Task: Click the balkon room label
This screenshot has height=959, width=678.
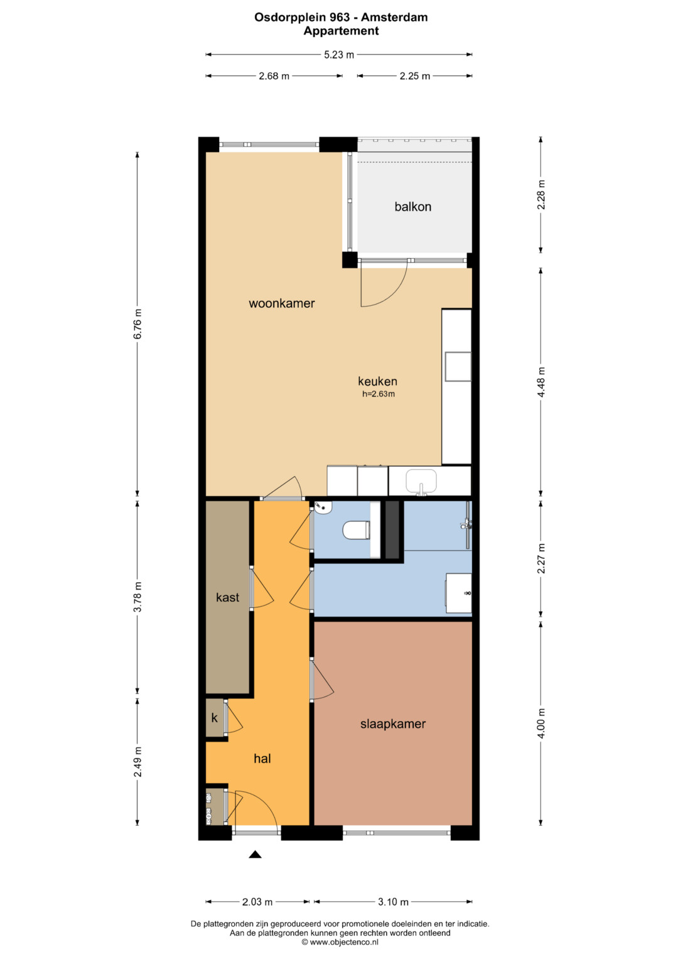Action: click(412, 207)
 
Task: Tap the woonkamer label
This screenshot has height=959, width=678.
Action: click(282, 303)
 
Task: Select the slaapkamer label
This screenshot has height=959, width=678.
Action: click(393, 724)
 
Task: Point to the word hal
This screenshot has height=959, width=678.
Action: click(262, 759)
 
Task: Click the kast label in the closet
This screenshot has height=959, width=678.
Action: click(227, 597)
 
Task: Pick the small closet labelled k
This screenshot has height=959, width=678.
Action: click(215, 718)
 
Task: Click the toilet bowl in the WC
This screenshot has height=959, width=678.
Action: click(356, 530)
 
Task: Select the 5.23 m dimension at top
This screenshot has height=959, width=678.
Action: click(339, 55)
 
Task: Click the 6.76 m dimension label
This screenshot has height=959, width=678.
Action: click(137, 323)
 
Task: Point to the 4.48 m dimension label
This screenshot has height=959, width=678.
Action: click(541, 382)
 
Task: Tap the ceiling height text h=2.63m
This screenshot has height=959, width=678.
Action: click(379, 394)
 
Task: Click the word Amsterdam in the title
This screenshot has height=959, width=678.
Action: click(394, 17)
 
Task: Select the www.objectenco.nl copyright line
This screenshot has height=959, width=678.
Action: click(340, 942)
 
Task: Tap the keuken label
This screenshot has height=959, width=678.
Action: click(377, 381)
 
